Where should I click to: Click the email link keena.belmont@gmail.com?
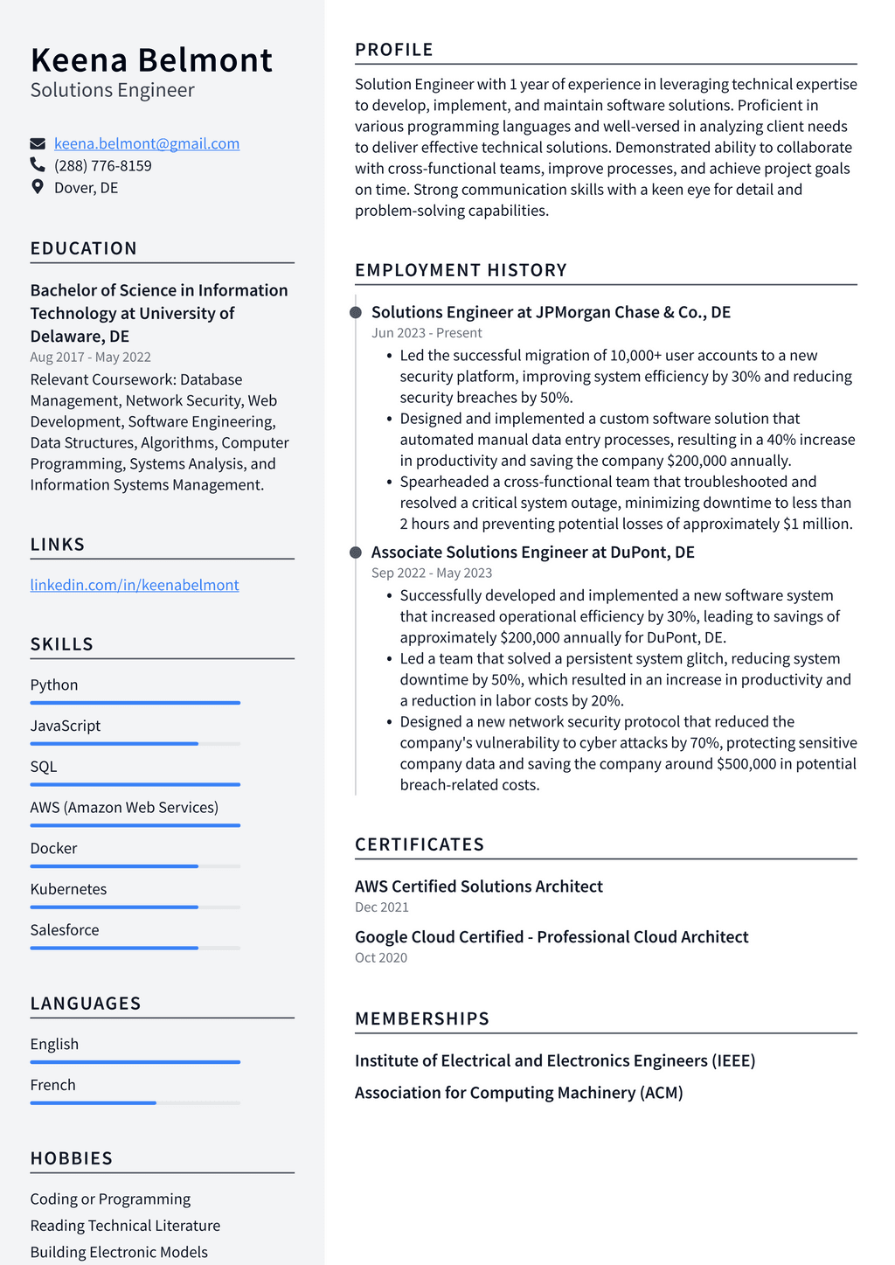pyautogui.click(x=146, y=143)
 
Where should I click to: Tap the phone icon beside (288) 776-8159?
pyautogui.click(x=38, y=165)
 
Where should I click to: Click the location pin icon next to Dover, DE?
pyautogui.click(x=38, y=187)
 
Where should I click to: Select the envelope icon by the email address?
pyautogui.click(x=38, y=143)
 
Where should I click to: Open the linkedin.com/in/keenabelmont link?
pyautogui.click(x=135, y=585)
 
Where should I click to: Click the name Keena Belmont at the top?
pyautogui.click(x=151, y=60)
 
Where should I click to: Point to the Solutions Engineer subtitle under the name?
pyautogui.click(x=112, y=90)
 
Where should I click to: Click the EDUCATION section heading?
pyautogui.click(x=83, y=248)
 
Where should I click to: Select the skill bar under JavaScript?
pyautogui.click(x=135, y=744)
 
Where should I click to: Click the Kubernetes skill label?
pyautogui.click(x=68, y=889)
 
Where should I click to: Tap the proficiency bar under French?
pyautogui.click(x=135, y=1103)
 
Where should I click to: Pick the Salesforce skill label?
pyautogui.click(x=65, y=930)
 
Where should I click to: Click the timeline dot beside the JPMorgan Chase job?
pyautogui.click(x=356, y=313)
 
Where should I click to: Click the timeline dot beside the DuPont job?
pyautogui.click(x=356, y=553)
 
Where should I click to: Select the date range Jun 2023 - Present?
pyautogui.click(x=427, y=333)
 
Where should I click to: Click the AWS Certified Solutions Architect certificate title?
pyautogui.click(x=478, y=886)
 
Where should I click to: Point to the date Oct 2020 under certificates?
pyautogui.click(x=381, y=958)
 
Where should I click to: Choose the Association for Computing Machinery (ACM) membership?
pyautogui.click(x=518, y=1093)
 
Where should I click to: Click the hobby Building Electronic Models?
pyautogui.click(x=119, y=1252)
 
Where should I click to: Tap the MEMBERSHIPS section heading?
pyautogui.click(x=421, y=1018)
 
